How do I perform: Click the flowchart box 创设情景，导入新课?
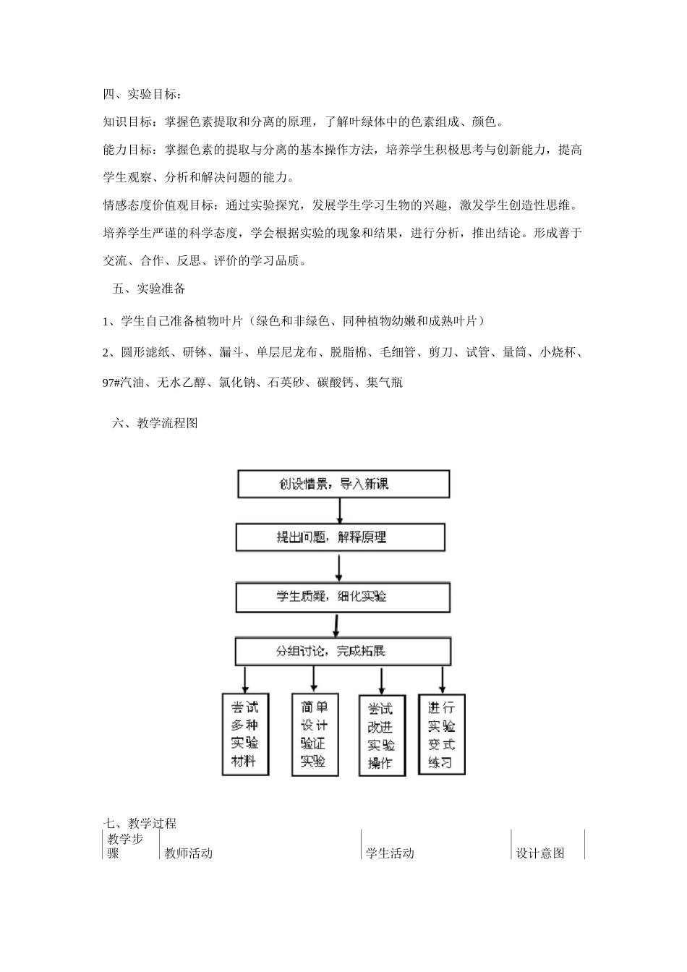pos(343,484)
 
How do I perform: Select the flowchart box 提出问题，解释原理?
pos(340,537)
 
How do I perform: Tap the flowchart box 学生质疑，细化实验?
pos(342,597)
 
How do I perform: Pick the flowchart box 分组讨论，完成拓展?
pos(343,651)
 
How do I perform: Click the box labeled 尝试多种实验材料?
pos(244,734)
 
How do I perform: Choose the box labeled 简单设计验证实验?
pos(314,734)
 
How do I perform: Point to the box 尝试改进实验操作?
pos(381,736)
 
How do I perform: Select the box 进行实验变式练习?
pos(441,735)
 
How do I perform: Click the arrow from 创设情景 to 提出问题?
pos(340,511)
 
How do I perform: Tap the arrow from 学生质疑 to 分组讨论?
pos(335,625)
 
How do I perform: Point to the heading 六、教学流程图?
pos(155,424)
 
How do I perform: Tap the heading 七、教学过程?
pos(140,823)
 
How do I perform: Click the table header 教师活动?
pos(189,853)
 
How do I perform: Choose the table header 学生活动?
pos(391,853)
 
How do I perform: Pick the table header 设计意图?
pos(540,853)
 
